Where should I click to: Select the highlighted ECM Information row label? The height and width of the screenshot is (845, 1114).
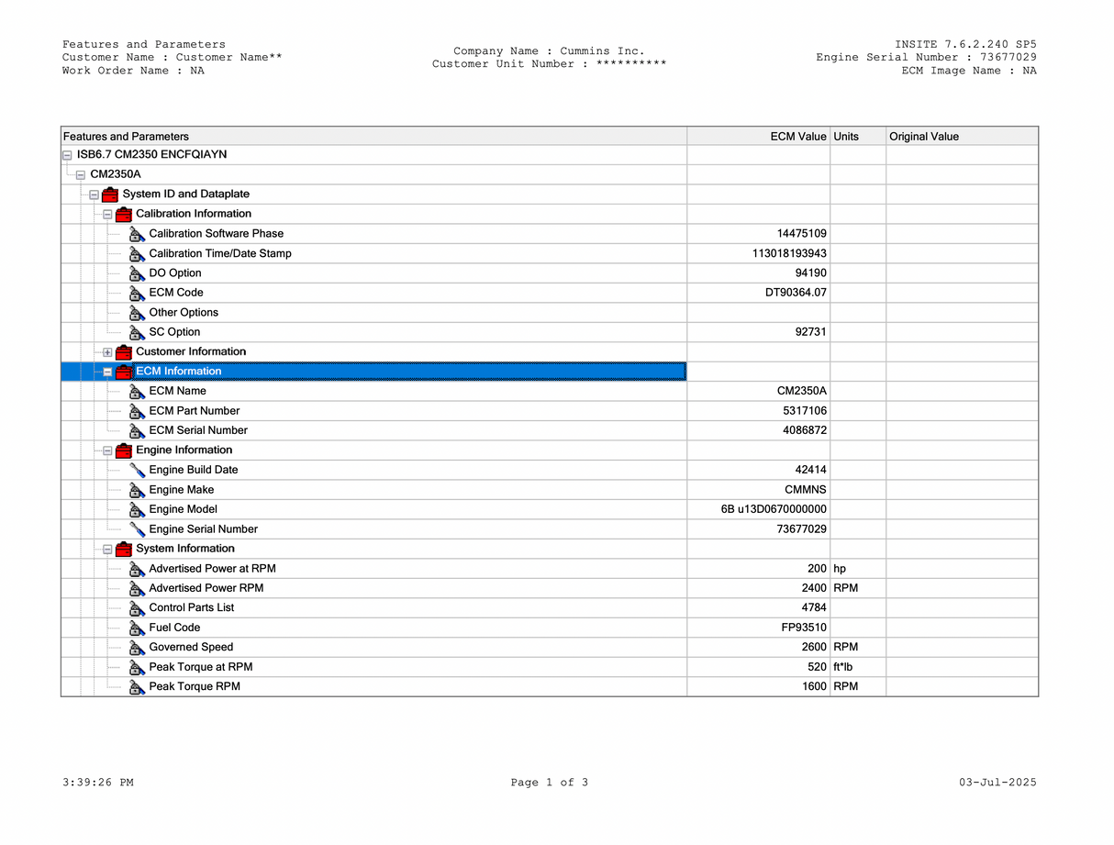[x=179, y=372]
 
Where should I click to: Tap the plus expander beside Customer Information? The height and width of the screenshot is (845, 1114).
[x=107, y=352]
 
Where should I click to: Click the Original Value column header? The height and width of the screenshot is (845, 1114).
[x=924, y=137]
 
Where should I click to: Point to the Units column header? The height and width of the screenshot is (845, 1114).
[x=846, y=137]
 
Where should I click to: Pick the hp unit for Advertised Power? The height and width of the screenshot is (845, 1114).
[x=840, y=569]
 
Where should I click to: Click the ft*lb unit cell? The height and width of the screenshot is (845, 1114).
[x=843, y=667]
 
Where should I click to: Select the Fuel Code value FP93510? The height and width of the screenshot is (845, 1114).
[x=804, y=628]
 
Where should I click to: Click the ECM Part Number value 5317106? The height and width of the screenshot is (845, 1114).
[x=805, y=411]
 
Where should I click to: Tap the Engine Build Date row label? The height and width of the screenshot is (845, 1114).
[x=193, y=470]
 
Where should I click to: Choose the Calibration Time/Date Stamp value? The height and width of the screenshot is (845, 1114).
[x=789, y=253]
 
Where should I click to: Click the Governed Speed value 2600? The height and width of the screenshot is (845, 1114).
[x=814, y=647]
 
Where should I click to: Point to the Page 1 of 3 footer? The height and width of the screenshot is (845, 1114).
[x=550, y=783]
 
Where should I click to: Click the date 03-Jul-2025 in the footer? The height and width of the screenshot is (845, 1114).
[x=997, y=783]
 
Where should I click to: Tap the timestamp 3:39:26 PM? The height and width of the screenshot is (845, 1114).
[x=98, y=783]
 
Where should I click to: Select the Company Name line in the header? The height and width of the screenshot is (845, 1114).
[x=549, y=51]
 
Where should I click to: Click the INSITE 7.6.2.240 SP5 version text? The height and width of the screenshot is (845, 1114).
[x=965, y=44]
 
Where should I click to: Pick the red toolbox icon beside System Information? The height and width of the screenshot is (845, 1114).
[x=124, y=549]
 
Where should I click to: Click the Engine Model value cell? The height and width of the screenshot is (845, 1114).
[x=774, y=509]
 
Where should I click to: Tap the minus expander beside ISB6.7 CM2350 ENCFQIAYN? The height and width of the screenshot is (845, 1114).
[x=67, y=155]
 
